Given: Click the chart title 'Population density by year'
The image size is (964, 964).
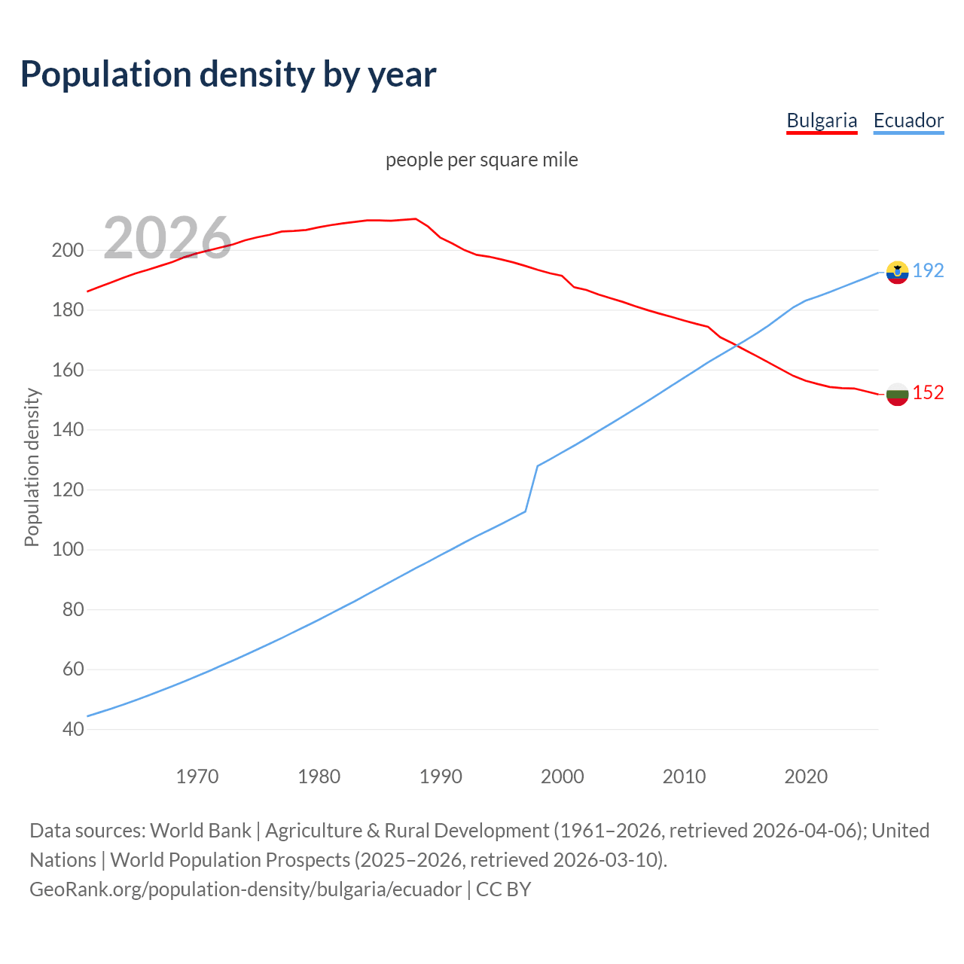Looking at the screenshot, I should [228, 75].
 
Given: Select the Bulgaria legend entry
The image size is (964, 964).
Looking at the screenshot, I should [822, 120].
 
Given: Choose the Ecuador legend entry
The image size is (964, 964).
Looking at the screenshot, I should [908, 120].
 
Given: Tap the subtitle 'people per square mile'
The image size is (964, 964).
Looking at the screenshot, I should [481, 160].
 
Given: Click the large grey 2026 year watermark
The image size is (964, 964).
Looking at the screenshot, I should [167, 238].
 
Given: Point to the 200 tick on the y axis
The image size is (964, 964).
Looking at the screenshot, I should [67, 250].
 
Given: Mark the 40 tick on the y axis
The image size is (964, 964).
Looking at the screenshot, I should [72, 729].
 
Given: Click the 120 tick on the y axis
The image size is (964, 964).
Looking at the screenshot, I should [67, 490].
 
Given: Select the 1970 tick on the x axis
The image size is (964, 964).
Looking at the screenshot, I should [197, 776].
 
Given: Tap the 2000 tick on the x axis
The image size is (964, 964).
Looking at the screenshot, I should [563, 776].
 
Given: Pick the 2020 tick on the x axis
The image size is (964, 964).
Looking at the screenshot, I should [806, 776].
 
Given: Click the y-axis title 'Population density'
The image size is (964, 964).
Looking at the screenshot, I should [32, 467].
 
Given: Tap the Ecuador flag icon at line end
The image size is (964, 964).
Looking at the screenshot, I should [897, 272].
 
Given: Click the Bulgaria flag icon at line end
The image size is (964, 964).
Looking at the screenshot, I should [897, 394].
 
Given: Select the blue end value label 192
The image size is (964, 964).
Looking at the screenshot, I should [928, 270].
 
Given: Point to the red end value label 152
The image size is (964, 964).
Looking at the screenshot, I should [928, 392].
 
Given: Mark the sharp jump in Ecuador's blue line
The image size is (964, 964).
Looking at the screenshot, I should [532, 488].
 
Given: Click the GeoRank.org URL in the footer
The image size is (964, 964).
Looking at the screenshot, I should [246, 889].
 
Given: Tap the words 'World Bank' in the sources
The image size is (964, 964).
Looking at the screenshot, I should [200, 831].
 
